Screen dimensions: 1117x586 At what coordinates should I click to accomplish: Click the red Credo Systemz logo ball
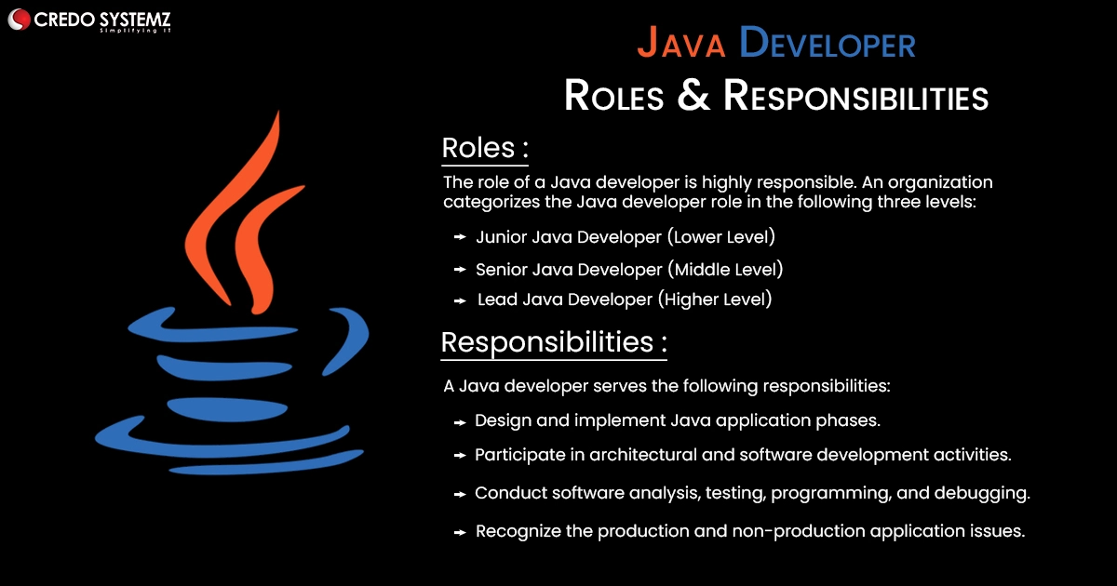[19, 20]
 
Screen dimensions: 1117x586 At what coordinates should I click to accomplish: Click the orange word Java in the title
[681, 43]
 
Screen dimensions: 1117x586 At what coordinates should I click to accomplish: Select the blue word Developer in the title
[828, 43]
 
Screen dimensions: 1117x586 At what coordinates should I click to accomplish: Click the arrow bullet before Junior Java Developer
[460, 237]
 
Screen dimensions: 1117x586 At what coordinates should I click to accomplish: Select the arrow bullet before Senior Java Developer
[460, 270]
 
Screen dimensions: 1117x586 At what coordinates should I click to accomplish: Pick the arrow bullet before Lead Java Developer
[460, 301]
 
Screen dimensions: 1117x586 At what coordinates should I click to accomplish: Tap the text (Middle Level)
[725, 270]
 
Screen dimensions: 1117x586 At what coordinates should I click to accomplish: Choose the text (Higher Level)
[715, 300]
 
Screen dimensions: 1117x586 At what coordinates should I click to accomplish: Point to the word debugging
[982, 493]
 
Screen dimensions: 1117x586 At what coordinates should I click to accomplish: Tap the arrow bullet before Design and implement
[460, 423]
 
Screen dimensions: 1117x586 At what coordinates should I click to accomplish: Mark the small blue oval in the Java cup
[227, 409]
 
